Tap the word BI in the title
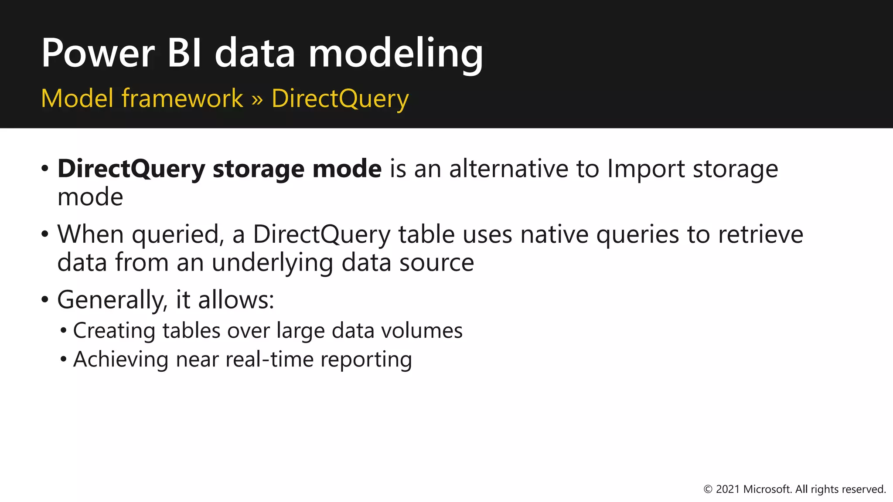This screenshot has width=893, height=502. click(184, 53)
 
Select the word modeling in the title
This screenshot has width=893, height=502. click(395, 54)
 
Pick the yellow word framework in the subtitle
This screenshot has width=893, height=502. click(182, 98)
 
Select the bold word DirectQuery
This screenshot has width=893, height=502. click(131, 170)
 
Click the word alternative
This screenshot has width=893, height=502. click(508, 169)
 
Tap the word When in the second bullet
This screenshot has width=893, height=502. click(91, 234)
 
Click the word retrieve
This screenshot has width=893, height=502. click(760, 234)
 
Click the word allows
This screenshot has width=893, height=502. click(236, 300)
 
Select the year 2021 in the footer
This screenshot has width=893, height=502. click(728, 489)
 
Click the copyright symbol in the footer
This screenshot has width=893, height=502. click(708, 489)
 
